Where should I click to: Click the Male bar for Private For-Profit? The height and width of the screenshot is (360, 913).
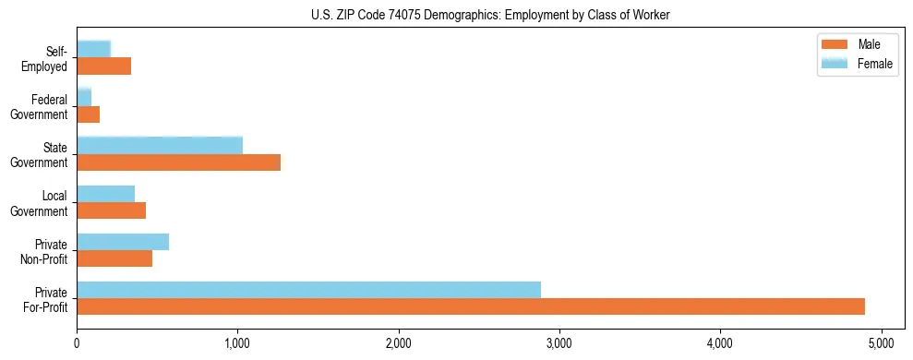[x=471, y=306]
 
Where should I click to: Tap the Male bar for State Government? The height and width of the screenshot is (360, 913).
[x=178, y=162]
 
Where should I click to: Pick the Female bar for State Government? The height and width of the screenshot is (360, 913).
[x=160, y=146]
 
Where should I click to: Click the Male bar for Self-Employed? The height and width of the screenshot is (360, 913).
[x=104, y=66]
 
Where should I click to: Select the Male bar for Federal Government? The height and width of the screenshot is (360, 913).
[x=89, y=114]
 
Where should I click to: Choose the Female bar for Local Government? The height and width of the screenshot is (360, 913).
[x=106, y=194]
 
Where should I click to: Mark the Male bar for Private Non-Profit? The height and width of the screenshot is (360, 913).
[x=114, y=258]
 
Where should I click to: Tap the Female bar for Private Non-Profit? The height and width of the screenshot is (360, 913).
[x=123, y=242]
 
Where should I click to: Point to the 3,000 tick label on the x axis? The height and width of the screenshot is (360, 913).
[x=559, y=344]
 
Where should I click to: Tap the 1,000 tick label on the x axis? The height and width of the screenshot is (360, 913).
[x=238, y=344]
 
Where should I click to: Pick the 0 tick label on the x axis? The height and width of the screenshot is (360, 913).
[x=78, y=344]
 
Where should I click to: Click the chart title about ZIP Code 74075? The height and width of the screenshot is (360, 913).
[x=490, y=15]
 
